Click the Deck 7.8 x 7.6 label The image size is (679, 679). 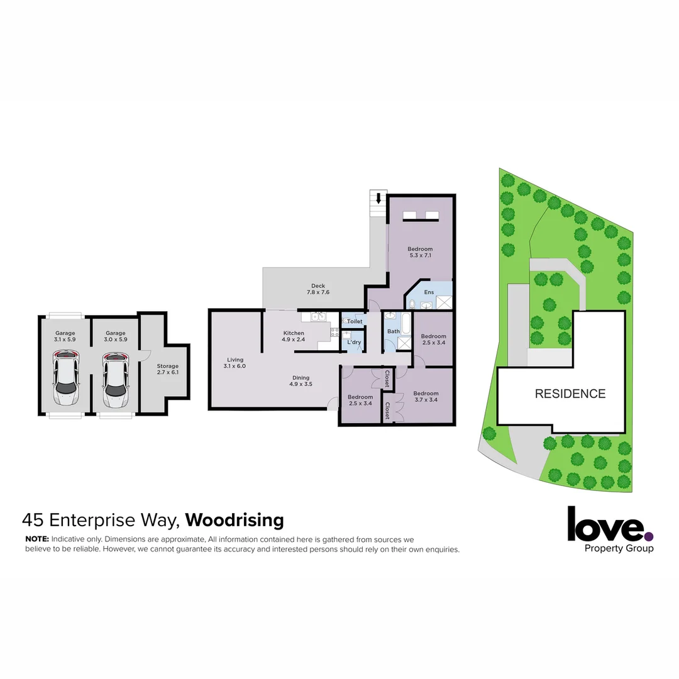click(317, 289)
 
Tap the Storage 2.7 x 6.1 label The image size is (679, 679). click(167, 369)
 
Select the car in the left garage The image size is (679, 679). click(65, 380)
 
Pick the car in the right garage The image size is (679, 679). click(116, 380)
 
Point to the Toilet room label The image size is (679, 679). click(355, 321)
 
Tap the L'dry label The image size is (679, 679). click(354, 342)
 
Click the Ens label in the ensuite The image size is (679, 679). click(429, 292)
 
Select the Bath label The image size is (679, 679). click(394, 331)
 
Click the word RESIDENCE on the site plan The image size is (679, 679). click(570, 394)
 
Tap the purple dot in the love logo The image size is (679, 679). click(648, 536)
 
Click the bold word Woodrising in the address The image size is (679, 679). click(235, 521)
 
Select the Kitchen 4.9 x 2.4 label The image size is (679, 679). click(294, 336)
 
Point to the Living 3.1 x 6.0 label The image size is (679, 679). click(236, 363)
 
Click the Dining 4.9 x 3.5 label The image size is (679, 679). click(301, 381)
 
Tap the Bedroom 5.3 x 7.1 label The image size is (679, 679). click(420, 253)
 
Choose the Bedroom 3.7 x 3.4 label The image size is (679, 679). click(426, 397)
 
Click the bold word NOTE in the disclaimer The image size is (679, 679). click(37, 539)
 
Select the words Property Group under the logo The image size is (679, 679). click(619, 548)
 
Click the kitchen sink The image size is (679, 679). click(318, 317)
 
